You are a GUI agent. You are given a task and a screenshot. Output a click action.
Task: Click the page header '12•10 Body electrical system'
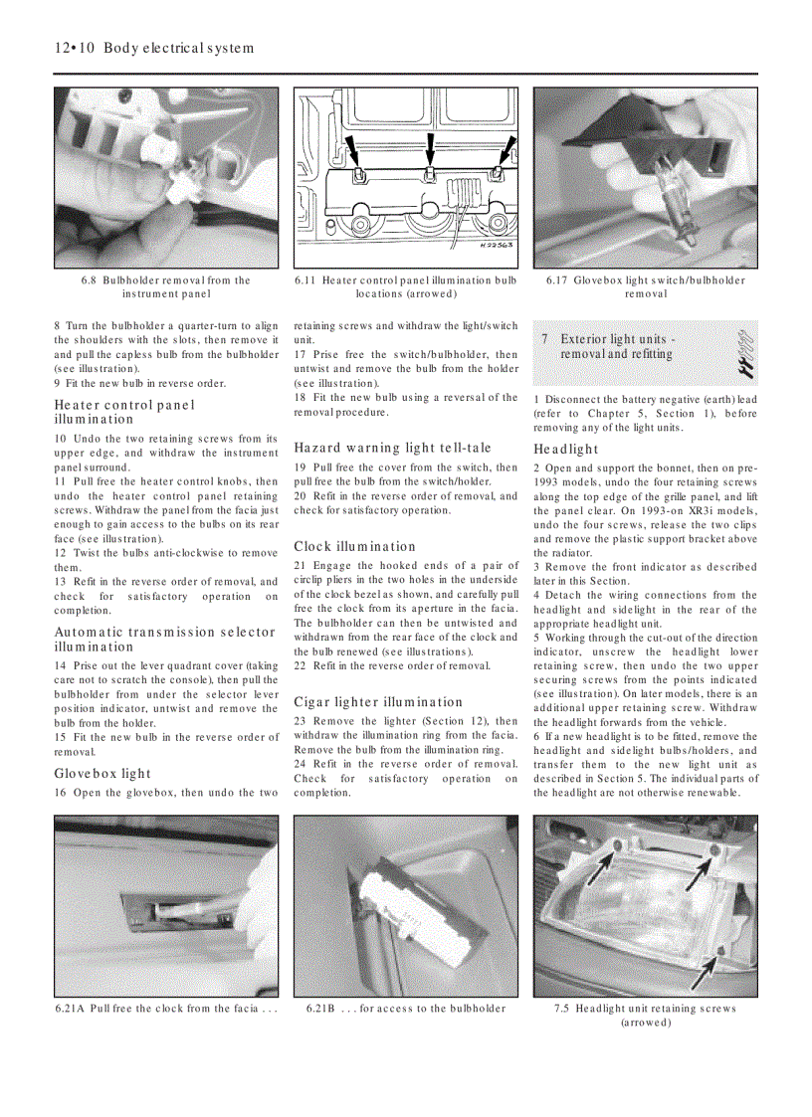pyautogui.click(x=154, y=48)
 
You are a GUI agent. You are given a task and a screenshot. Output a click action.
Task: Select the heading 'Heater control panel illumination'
pyautogui.click(x=124, y=412)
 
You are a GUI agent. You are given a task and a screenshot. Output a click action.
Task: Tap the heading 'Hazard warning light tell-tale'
pyautogui.click(x=392, y=448)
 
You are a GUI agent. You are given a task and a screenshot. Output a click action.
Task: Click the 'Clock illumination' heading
pyautogui.click(x=354, y=546)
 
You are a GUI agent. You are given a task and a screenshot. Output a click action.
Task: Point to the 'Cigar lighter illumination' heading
pyautogui.click(x=378, y=701)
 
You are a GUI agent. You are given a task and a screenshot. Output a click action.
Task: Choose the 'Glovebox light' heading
pyautogui.click(x=102, y=773)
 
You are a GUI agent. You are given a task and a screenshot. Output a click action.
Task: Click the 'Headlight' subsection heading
pyautogui.click(x=565, y=449)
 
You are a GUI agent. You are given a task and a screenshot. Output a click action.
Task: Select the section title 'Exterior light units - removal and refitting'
pyautogui.click(x=617, y=346)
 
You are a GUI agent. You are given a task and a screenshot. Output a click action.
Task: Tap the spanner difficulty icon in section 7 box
pyautogui.click(x=741, y=354)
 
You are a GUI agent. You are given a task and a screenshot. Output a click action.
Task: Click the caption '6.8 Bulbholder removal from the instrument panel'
pyautogui.click(x=166, y=286)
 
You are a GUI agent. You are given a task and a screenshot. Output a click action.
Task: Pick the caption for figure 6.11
pyautogui.click(x=406, y=286)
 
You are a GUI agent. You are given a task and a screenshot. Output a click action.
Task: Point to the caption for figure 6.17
pyautogui.click(x=646, y=286)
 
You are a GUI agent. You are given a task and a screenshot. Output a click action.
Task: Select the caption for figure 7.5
pyautogui.click(x=646, y=1015)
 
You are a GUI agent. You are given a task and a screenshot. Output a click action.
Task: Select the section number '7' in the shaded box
pyautogui.click(x=544, y=339)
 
